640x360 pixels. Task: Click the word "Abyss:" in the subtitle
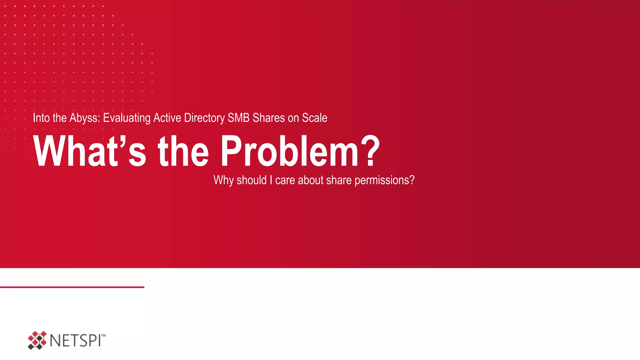[x=84, y=118]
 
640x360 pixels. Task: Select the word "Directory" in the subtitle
[x=204, y=118]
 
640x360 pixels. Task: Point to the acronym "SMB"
[x=238, y=118]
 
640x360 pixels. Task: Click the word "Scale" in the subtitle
[x=315, y=118]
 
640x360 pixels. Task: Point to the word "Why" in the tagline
[x=223, y=180]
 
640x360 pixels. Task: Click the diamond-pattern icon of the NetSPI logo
[x=37, y=340]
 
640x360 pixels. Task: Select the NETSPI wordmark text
[x=75, y=341]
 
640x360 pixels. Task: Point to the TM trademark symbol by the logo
[x=103, y=336]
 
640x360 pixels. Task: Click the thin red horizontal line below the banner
[x=72, y=287]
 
